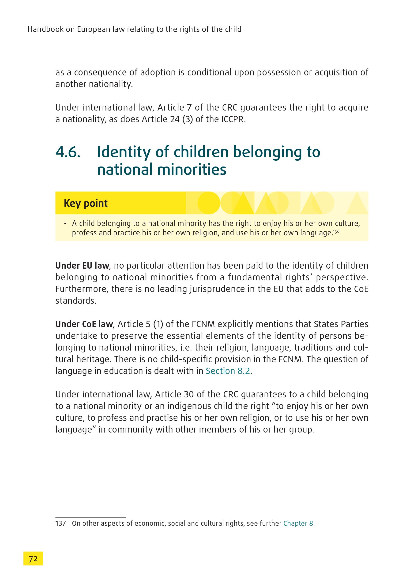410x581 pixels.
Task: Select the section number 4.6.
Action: (x=68, y=152)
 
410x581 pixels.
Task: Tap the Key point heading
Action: (x=86, y=204)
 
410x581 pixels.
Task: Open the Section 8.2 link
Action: (x=228, y=371)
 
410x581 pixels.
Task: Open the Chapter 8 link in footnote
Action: (x=298, y=523)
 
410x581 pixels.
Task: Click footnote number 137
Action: (x=60, y=523)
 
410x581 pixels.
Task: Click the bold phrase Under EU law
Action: (x=82, y=266)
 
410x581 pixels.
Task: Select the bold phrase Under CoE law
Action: (x=84, y=324)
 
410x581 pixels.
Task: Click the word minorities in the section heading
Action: (x=192, y=170)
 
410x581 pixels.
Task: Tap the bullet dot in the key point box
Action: (x=65, y=224)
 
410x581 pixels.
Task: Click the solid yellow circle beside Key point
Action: (x=209, y=203)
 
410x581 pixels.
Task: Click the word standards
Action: (x=75, y=301)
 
